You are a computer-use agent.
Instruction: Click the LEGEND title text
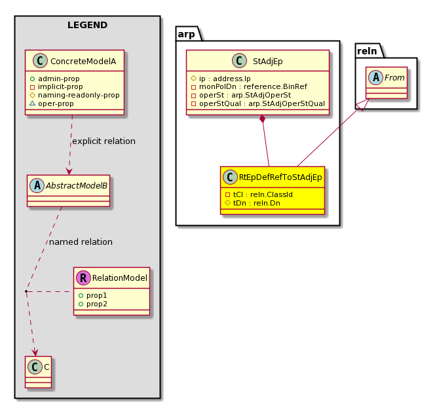[x=87, y=25]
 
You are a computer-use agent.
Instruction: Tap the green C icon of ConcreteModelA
[x=41, y=61]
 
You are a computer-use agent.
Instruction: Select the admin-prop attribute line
[x=55, y=79]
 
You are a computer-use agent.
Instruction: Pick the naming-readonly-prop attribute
[x=75, y=95]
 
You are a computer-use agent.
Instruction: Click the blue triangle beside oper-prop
[x=33, y=103]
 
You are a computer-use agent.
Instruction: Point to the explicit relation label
[x=104, y=141]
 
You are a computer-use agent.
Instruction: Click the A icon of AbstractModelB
[x=37, y=185]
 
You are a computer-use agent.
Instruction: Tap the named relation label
[x=81, y=242]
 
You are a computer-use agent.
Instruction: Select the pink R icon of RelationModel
[x=83, y=278]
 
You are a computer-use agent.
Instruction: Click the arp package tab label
[x=186, y=34]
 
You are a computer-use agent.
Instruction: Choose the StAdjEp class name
[x=267, y=62]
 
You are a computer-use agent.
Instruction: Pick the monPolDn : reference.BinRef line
[x=249, y=86]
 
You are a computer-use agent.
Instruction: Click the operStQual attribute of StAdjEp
[x=258, y=103]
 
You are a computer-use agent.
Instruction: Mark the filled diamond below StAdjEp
[x=262, y=118]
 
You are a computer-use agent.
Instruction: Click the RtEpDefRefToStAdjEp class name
[x=280, y=177]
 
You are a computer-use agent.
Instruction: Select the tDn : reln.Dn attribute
[x=252, y=203]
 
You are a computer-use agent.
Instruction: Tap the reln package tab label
[x=367, y=51]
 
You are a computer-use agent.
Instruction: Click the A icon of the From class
[x=375, y=78]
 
